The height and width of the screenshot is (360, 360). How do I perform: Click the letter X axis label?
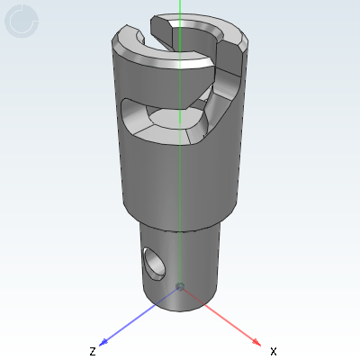[x=274, y=350]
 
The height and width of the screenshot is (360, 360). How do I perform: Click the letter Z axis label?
[x=92, y=350]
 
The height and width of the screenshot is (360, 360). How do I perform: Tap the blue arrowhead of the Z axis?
[x=104, y=341]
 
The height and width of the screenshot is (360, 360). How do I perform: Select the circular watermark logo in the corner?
[x=22, y=22]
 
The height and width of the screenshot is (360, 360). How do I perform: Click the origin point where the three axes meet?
[x=180, y=286]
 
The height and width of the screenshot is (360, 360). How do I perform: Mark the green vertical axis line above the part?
[x=180, y=9]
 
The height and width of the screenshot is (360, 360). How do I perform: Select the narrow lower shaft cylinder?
[x=193, y=261]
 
